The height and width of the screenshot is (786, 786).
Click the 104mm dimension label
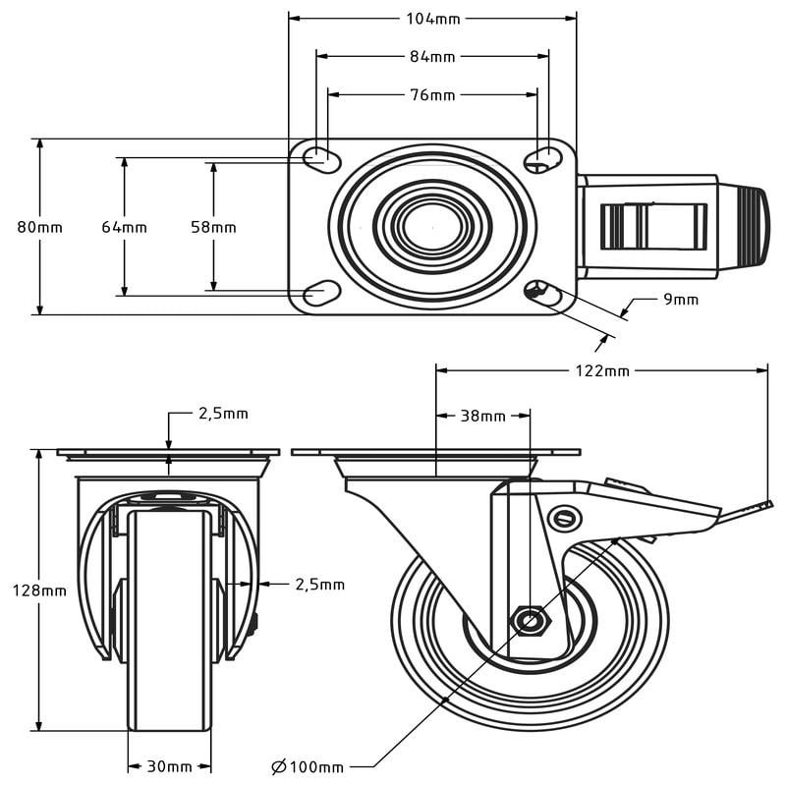[432, 18]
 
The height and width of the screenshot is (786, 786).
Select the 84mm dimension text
[432, 56]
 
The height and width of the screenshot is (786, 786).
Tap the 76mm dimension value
[432, 95]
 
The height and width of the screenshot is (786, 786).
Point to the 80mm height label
[40, 227]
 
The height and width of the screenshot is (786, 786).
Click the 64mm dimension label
[125, 227]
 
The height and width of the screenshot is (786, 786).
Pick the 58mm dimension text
[213, 227]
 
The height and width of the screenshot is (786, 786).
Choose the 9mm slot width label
[681, 299]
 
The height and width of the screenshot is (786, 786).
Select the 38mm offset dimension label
[482, 416]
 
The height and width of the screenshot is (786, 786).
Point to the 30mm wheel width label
[170, 766]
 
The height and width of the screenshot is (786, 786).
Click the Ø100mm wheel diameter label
[308, 766]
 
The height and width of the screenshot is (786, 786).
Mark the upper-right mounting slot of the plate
[539, 157]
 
